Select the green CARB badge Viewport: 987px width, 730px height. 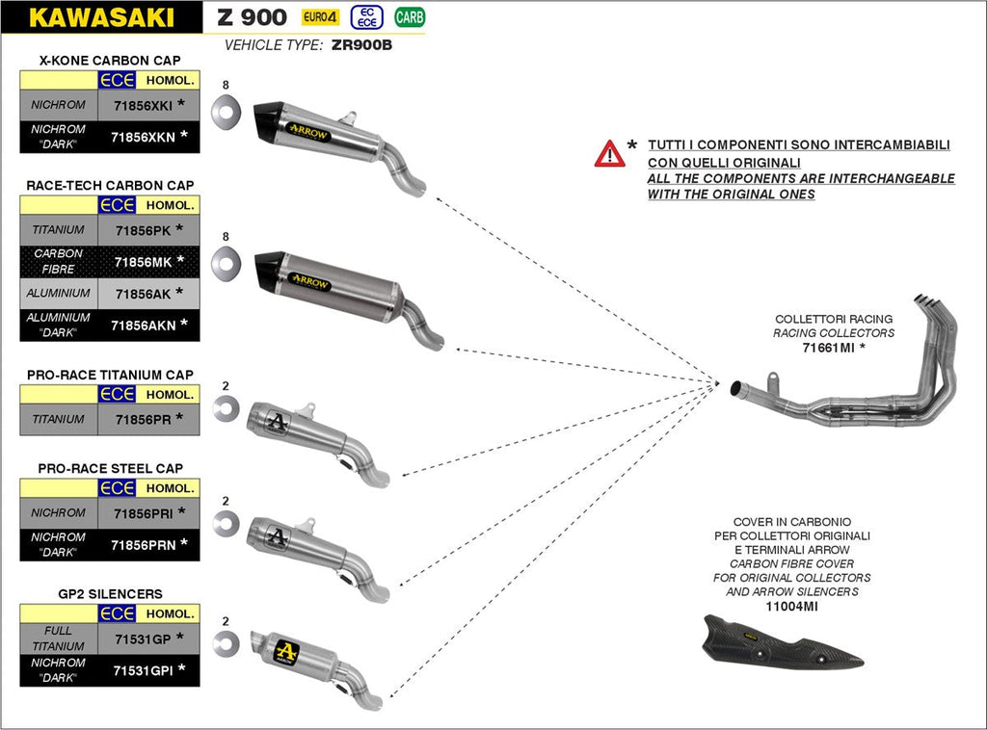(x=409, y=16)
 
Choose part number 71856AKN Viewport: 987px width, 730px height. (x=143, y=326)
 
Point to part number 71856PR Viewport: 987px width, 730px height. (x=143, y=419)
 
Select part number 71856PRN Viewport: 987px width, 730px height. (x=143, y=544)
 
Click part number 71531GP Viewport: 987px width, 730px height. (x=143, y=638)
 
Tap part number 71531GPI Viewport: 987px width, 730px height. (x=143, y=670)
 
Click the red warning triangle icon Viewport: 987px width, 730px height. (x=609, y=153)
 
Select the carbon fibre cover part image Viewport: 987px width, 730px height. (x=781, y=644)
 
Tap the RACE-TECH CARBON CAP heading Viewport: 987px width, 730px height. (x=109, y=185)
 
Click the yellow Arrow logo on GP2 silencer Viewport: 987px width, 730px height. (x=286, y=650)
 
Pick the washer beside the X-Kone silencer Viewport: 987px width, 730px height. (x=226, y=108)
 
